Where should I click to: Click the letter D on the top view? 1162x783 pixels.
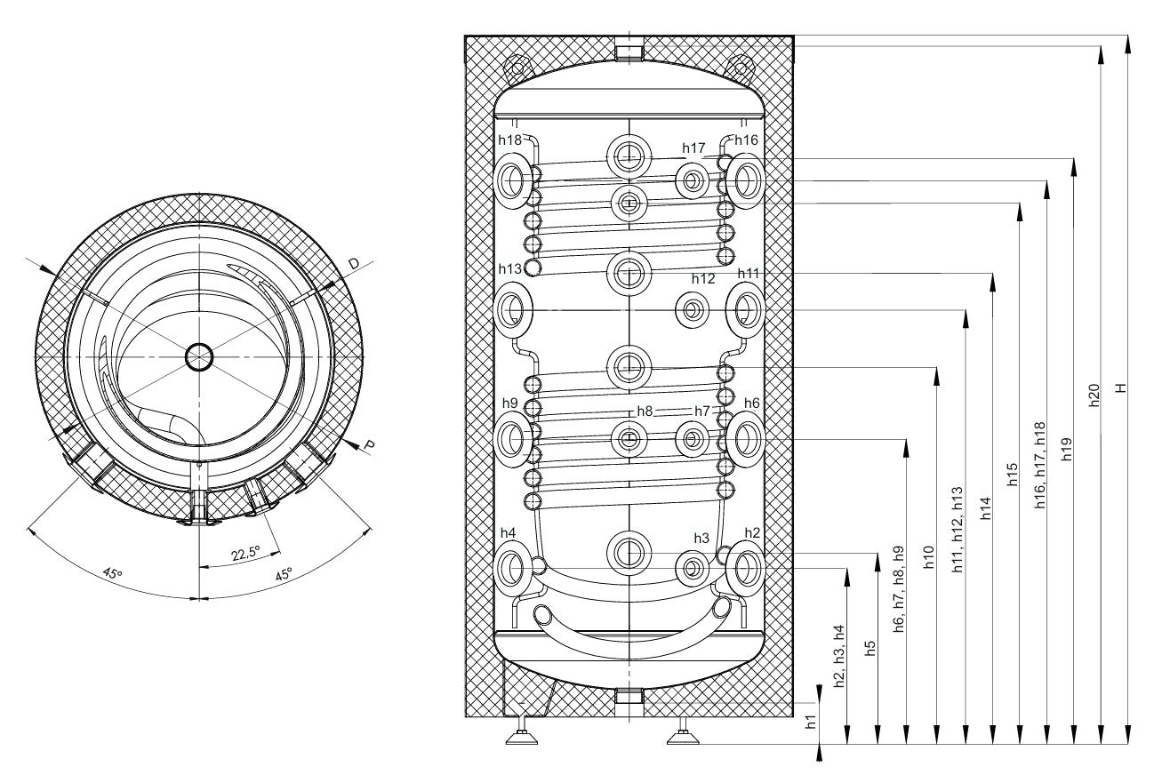tap(354, 264)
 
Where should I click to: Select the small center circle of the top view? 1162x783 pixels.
tap(199, 357)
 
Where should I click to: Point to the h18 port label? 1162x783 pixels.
tap(509, 140)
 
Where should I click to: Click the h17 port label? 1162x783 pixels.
tap(693, 148)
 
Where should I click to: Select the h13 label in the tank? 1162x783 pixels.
tap(509, 268)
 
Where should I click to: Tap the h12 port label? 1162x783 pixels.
tap(702, 278)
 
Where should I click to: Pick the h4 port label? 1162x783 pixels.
tap(508, 532)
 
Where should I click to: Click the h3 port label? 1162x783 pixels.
tap(701, 539)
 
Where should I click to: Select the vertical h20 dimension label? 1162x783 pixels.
tap(1094, 395)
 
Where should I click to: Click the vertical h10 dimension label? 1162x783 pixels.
tap(929, 555)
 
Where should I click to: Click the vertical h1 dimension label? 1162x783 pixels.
tap(810, 722)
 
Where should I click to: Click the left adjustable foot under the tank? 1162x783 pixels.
tap(521, 734)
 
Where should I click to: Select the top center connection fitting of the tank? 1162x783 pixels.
tap(629, 49)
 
